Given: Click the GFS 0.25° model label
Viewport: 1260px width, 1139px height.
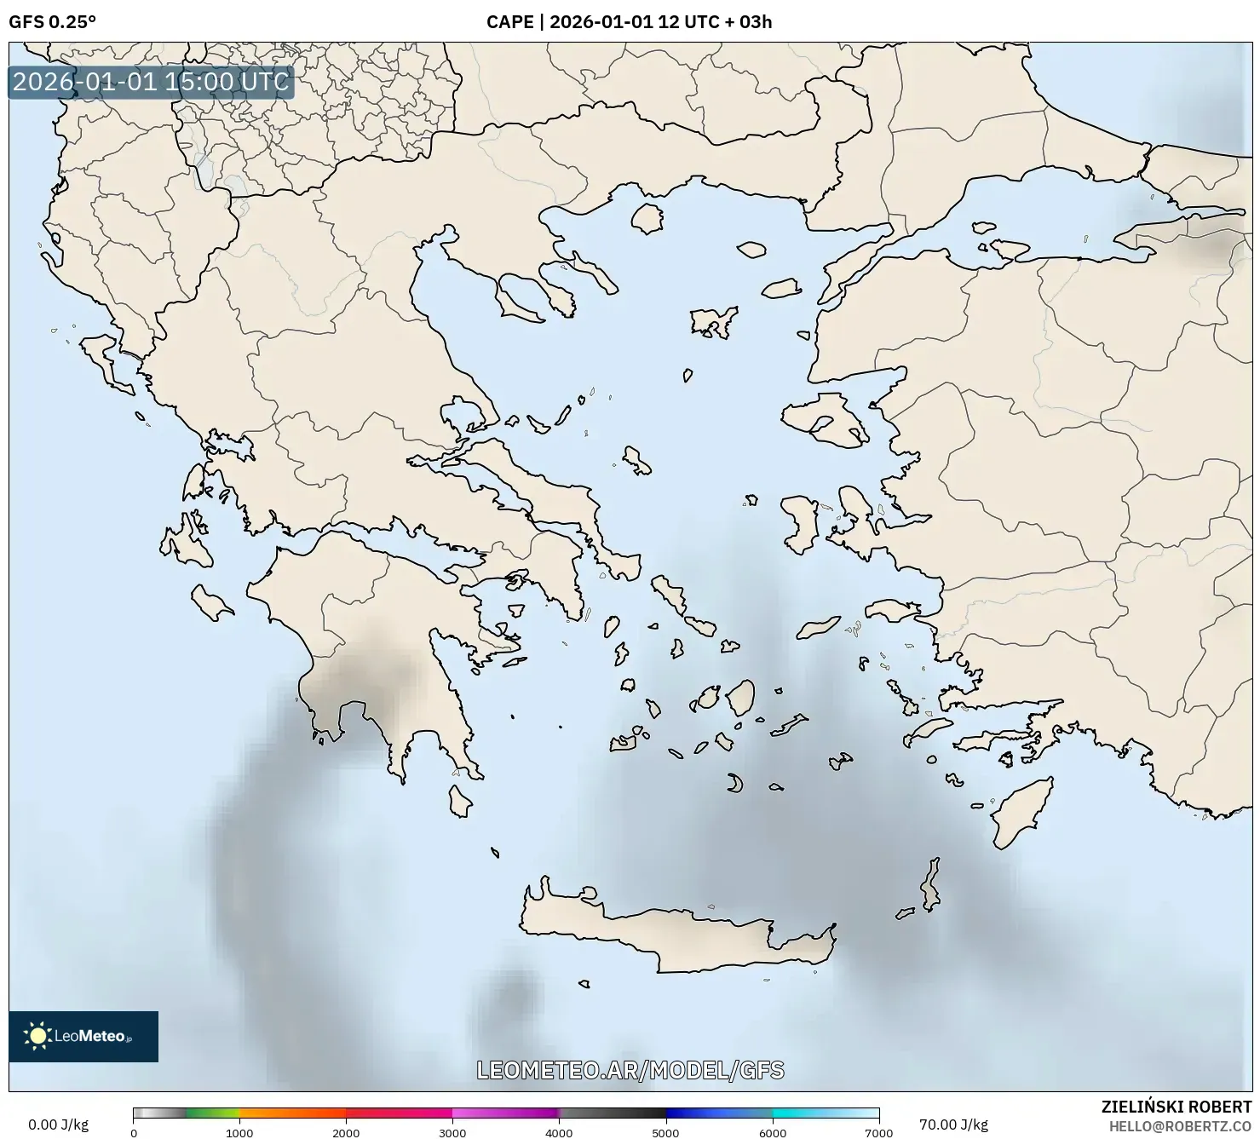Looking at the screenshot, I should [x=52, y=22].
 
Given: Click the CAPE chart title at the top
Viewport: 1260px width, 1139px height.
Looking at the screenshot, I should [x=629, y=22].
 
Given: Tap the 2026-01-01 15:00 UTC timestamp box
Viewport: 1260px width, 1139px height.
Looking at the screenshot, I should [x=151, y=82].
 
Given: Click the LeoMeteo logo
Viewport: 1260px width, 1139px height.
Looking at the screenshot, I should [x=83, y=1036].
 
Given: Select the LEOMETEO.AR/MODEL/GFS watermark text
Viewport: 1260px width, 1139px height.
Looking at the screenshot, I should [x=630, y=1070].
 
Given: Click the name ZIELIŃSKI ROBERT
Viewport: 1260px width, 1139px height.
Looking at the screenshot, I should [x=1177, y=1107].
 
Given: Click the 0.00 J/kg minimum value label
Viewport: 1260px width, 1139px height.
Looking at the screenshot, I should [x=58, y=1125].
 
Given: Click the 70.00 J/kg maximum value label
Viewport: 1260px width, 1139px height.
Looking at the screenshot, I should [x=953, y=1125].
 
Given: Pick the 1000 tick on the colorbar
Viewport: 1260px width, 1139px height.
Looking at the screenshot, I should [x=239, y=1132].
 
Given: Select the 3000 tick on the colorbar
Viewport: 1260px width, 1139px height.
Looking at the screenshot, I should [x=452, y=1132].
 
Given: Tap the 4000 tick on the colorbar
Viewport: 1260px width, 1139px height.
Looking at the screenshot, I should [x=559, y=1132].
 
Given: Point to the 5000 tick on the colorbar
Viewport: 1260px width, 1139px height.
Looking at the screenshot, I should [x=665, y=1132].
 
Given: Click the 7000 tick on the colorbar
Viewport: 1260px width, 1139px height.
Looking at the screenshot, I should [x=878, y=1132].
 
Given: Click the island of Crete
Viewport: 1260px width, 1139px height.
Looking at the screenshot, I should [x=673, y=933].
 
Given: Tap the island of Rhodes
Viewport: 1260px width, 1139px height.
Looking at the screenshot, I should [x=1021, y=812].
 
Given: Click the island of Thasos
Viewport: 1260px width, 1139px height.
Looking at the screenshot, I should [x=647, y=218].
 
